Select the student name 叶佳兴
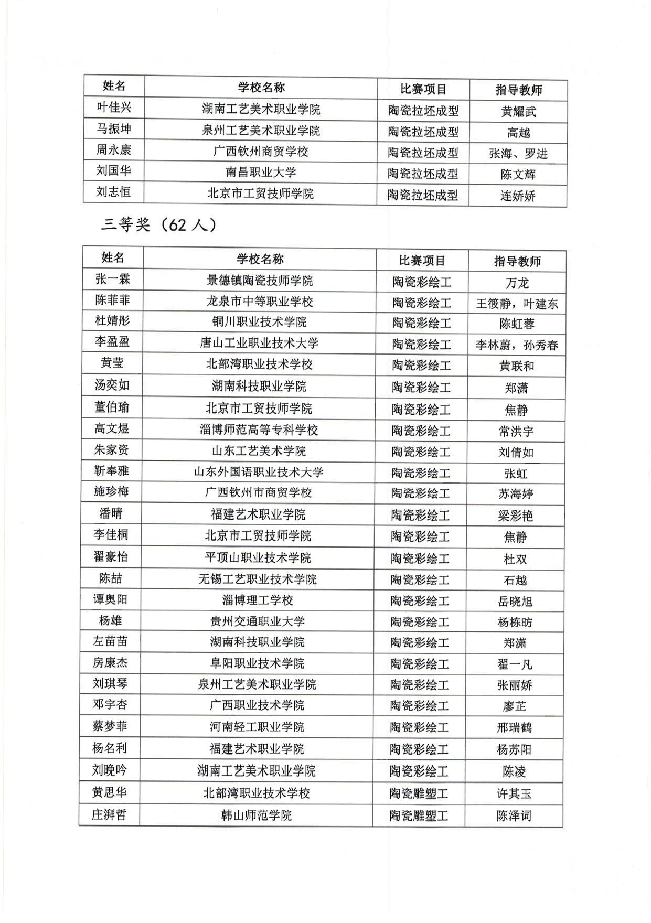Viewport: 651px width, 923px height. [x=114, y=108]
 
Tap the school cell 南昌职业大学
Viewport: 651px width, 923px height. [x=261, y=172]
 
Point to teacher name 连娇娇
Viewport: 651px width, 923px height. [x=518, y=196]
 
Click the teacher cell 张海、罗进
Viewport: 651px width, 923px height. [x=518, y=153]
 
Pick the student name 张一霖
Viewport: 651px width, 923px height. [x=112, y=278]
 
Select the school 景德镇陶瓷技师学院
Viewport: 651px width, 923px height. [x=260, y=281]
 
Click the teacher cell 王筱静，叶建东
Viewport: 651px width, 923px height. [x=517, y=304]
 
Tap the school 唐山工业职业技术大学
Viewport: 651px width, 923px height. [x=259, y=343]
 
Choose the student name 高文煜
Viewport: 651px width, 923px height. [x=112, y=428]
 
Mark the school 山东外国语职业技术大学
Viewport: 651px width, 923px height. [x=259, y=471]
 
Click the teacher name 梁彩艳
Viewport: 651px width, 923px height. [x=515, y=516]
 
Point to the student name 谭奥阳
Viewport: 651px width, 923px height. [x=110, y=599]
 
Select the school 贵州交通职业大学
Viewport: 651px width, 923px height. [x=257, y=621]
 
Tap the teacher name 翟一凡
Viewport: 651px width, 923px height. [x=515, y=664]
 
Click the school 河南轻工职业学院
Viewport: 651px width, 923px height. [x=257, y=727]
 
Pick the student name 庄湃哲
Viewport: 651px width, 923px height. [x=109, y=814]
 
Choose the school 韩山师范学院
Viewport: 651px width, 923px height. [x=256, y=815]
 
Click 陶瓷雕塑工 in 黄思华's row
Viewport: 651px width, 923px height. [x=419, y=793]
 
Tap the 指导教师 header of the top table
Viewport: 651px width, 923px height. [x=518, y=90]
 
